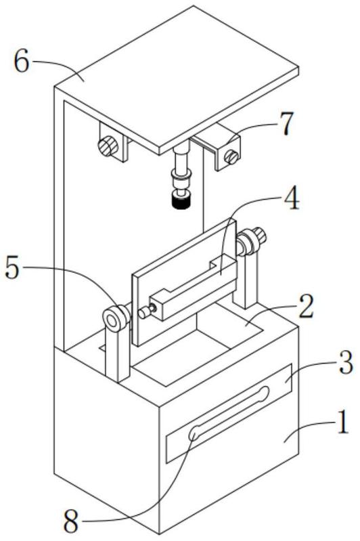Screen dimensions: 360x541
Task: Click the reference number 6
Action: click(22, 62)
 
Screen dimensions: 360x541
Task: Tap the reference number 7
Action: click(286, 123)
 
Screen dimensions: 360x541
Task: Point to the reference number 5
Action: click(12, 269)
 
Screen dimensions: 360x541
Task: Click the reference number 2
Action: click(306, 306)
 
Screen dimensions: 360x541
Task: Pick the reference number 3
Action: click(346, 362)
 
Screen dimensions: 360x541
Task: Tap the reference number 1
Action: click(343, 421)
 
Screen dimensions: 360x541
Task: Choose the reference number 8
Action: click(70, 522)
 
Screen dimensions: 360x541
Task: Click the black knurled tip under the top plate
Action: click(181, 202)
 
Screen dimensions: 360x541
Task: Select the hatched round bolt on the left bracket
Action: click(108, 146)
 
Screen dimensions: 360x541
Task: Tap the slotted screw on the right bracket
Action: click(231, 158)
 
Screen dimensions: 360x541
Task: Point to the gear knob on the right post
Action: click(259, 236)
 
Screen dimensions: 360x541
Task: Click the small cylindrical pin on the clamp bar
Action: click(145, 311)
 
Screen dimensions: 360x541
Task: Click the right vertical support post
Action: click(246, 280)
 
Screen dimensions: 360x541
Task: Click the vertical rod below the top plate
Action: click(181, 161)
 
